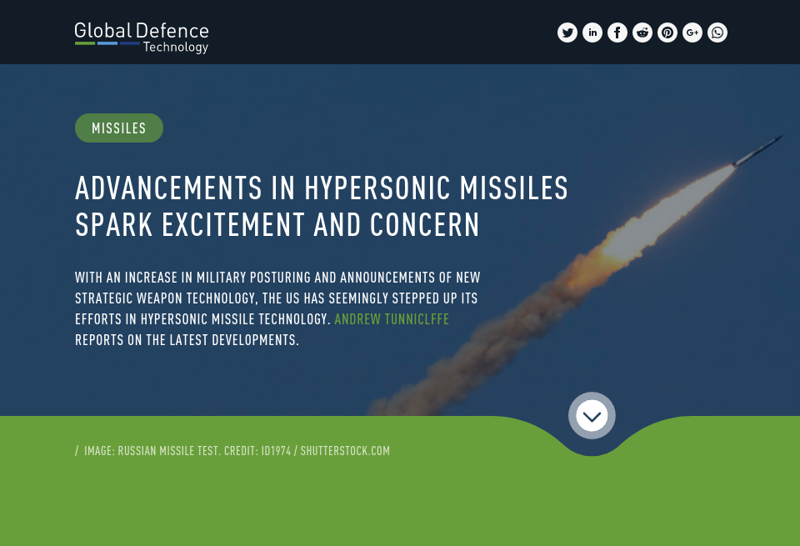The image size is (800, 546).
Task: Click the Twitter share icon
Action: [x=567, y=33]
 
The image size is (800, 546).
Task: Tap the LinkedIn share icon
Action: [x=592, y=33]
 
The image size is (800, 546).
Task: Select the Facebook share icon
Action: [x=617, y=33]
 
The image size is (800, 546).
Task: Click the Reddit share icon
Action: [x=642, y=33]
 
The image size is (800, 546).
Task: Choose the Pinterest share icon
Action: [x=667, y=33]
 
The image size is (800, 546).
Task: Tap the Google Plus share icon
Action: [x=692, y=33]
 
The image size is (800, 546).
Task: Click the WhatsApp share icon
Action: [x=717, y=33]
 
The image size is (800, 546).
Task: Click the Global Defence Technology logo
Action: [x=141, y=38]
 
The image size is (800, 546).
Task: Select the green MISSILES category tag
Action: [x=119, y=128]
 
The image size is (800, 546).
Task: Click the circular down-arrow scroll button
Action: [x=592, y=415]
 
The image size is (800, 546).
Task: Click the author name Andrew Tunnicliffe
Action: [x=392, y=319]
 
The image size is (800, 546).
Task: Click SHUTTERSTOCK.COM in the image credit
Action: [x=345, y=451]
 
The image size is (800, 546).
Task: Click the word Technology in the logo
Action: [x=175, y=48]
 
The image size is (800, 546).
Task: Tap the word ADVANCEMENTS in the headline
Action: [x=167, y=188]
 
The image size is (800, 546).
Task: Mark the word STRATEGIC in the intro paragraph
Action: [x=106, y=298]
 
